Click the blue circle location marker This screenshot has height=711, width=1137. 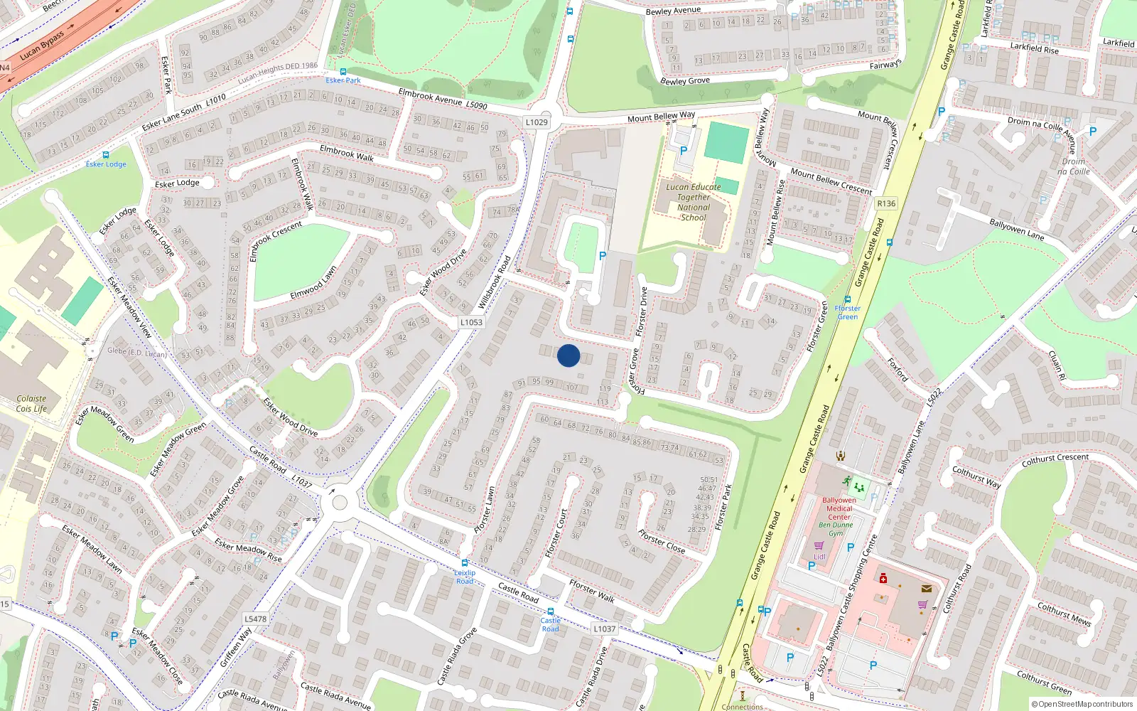click(x=568, y=355)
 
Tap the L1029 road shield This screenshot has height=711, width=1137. click(x=537, y=122)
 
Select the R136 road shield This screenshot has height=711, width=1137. click(x=886, y=203)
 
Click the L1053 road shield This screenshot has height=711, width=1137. click(x=470, y=322)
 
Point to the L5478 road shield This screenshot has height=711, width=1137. click(x=256, y=619)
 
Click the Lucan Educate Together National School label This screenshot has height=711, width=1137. click(x=693, y=202)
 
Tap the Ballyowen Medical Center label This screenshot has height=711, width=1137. click(x=839, y=508)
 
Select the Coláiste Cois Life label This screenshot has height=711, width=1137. click(x=31, y=404)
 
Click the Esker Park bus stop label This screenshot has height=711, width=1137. click(x=343, y=80)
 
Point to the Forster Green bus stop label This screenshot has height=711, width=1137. click(x=847, y=312)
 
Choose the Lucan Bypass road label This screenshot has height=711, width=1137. click(x=42, y=45)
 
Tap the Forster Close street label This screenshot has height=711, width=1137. click(x=662, y=541)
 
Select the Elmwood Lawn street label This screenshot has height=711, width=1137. click(x=313, y=283)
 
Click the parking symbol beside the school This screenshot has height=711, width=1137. click(x=684, y=151)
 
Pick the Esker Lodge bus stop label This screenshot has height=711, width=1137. click(x=106, y=164)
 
